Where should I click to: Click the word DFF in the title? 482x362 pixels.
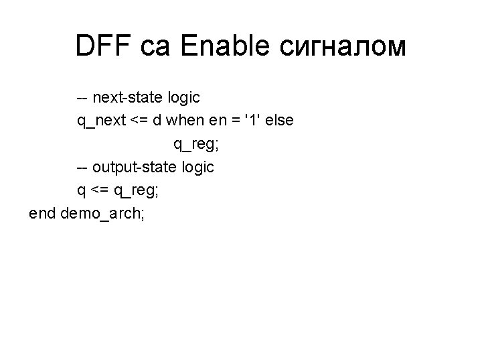click(104, 46)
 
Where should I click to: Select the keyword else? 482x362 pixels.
click(280, 121)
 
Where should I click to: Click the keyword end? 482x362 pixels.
click(42, 213)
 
